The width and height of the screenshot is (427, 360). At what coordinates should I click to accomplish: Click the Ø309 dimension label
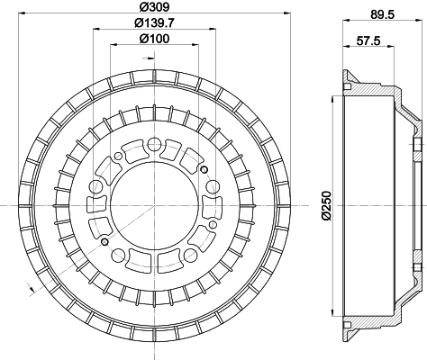coord(155,6)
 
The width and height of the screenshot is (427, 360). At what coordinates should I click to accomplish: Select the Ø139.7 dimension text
coord(154,22)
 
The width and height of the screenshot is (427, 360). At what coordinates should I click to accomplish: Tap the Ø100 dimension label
coord(154,39)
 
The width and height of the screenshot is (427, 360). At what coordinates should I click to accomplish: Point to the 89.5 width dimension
coord(382,14)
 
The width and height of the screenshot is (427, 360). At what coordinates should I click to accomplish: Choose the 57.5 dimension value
coord(368,40)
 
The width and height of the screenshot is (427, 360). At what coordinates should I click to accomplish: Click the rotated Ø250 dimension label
coord(327,205)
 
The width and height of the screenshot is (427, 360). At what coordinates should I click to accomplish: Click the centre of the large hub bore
coord(154,205)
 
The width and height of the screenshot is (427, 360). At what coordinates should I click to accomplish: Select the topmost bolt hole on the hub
coord(154,144)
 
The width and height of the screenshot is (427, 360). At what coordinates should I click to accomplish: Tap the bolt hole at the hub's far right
coord(213,186)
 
